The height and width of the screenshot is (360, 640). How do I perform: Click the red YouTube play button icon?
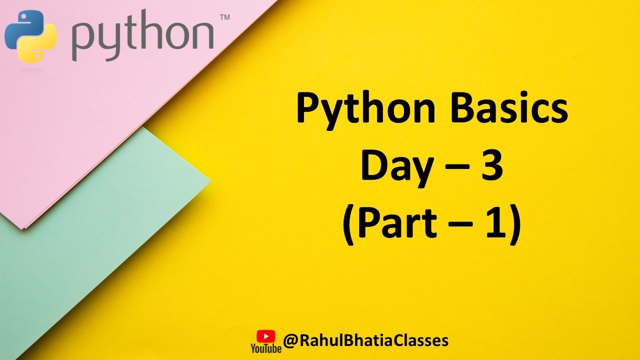(x=265, y=335)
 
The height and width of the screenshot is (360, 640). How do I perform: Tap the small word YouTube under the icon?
(x=265, y=348)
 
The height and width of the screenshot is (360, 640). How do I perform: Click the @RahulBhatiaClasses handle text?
(x=365, y=340)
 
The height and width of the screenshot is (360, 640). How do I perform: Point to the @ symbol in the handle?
(x=291, y=341)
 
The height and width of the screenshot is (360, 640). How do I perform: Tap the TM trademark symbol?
(x=224, y=17)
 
